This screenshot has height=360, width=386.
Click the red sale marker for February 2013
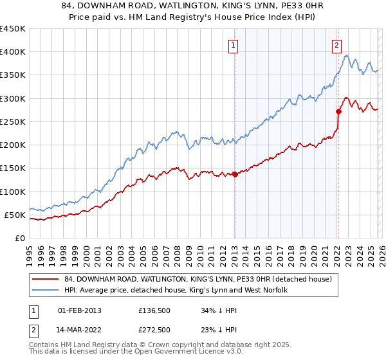(x=235, y=174)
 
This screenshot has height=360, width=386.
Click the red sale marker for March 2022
(x=338, y=111)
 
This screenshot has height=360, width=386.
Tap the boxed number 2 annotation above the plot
(x=336, y=45)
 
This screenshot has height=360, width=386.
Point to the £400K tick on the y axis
(x=13, y=52)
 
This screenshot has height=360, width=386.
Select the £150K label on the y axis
(x=13, y=168)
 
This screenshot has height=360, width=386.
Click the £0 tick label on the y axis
(x=19, y=238)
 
